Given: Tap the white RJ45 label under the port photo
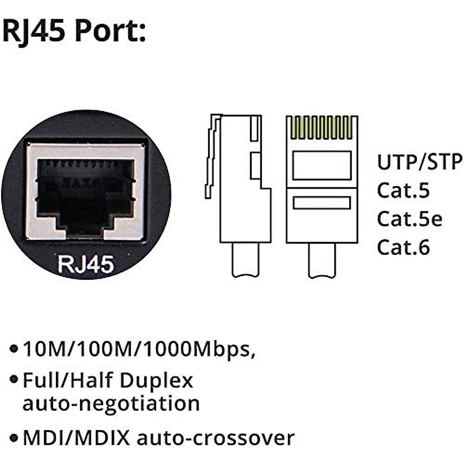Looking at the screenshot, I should pos(86,264).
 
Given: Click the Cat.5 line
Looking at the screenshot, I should pos(403,190).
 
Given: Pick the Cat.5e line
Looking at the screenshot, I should pos(409,219).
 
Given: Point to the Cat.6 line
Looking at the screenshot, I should pos(403,247).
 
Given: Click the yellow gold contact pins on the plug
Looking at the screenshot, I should pos(321,128).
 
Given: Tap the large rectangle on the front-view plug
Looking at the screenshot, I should pos(322,165).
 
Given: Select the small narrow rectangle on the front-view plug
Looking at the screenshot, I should pos(322,203).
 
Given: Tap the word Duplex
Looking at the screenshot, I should pos(156,381).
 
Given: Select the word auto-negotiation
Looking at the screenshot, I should pos(111,403).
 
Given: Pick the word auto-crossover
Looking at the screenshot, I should pos(216,438).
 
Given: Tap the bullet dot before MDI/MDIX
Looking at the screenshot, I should pos(14,438).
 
